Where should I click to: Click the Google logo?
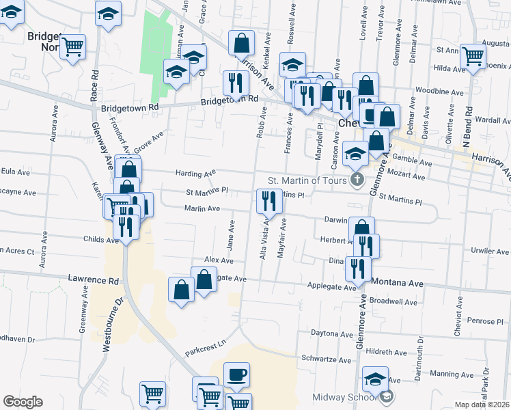coord(23,402)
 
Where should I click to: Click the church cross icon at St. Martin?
coord(356,180)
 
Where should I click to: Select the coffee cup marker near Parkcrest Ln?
coord(236,374)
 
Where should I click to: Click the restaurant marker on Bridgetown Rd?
coord(235,83)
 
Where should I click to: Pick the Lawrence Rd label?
coord(93,280)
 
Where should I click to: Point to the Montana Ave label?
coord(398,283)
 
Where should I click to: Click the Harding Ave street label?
coord(195,174)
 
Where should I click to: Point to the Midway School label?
coord(345,398)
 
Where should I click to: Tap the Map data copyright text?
coord(482,405)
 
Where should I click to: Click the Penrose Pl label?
coord(486,320)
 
